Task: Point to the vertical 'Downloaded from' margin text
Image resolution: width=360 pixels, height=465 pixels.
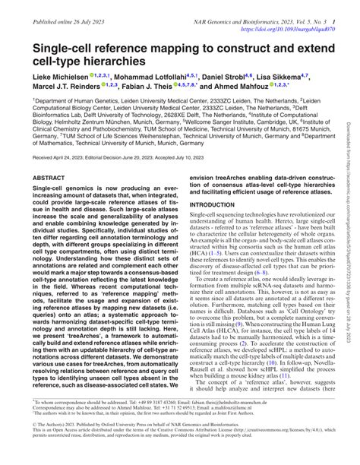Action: click(351, 152)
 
